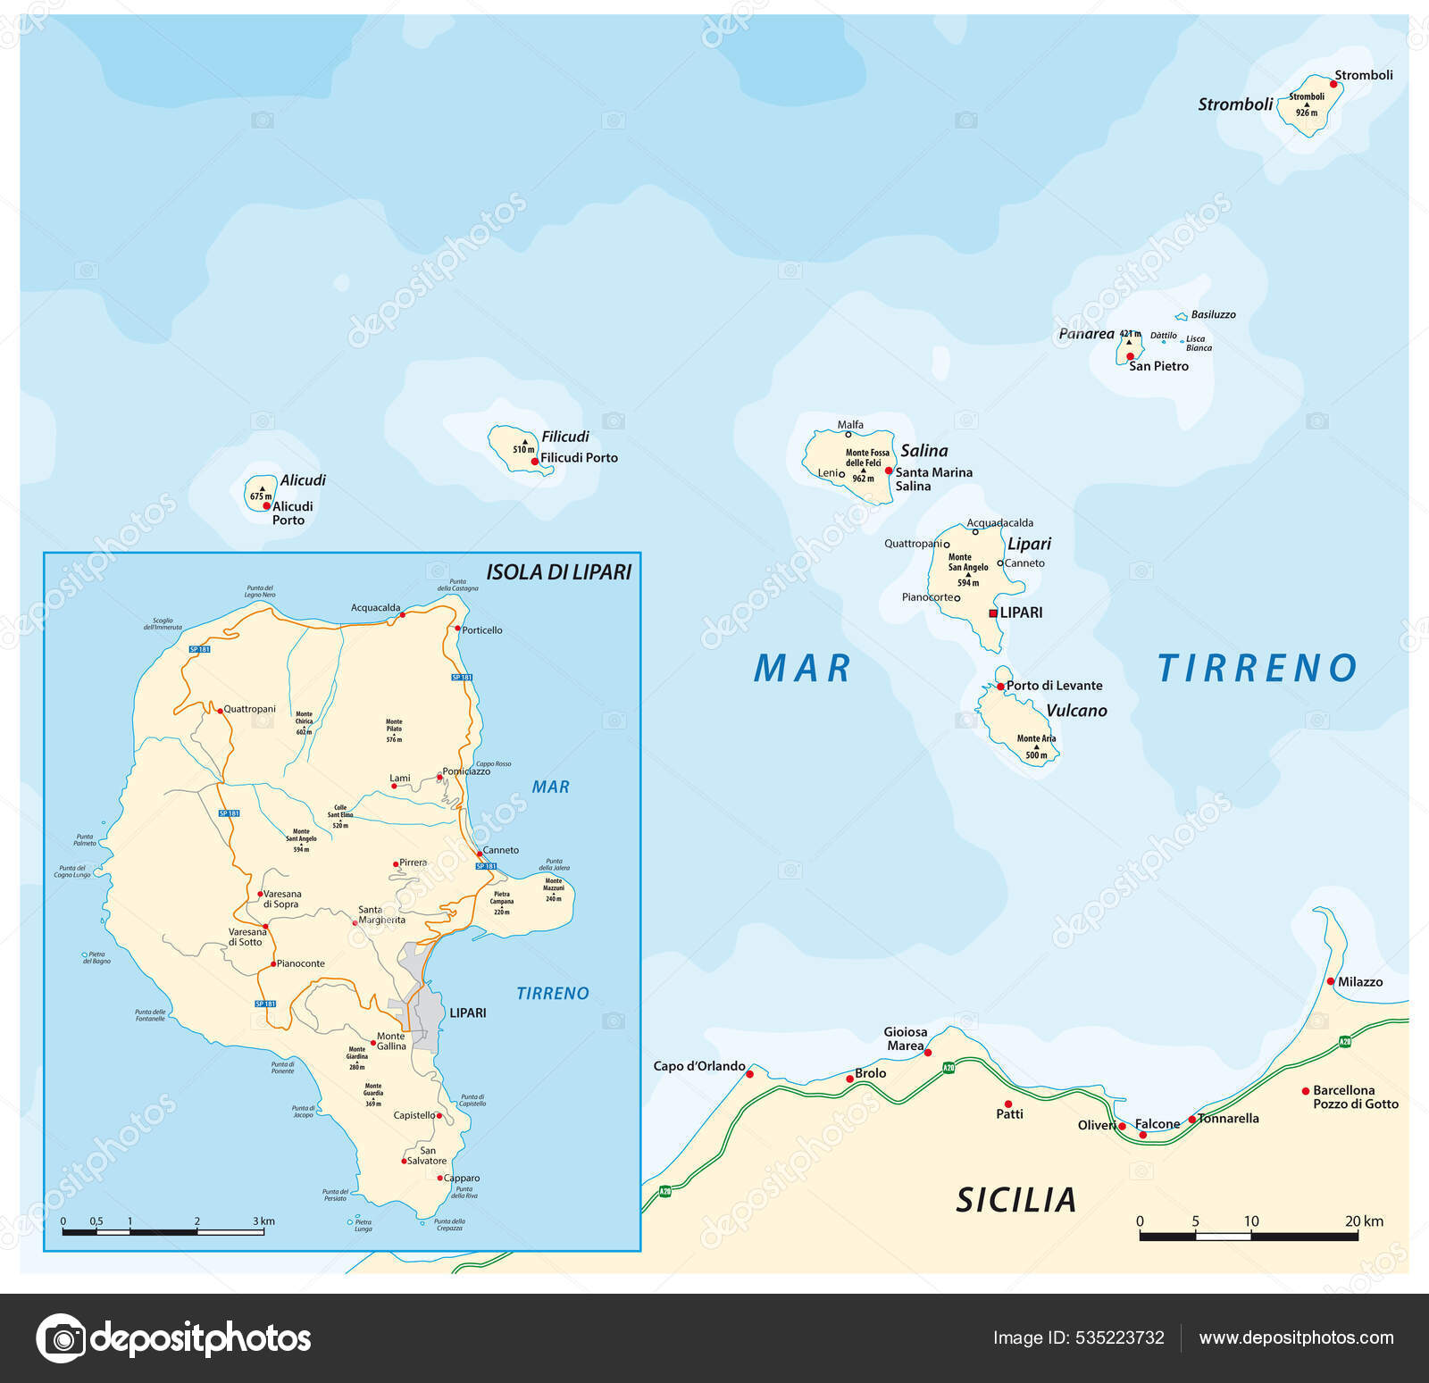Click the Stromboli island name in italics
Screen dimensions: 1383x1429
[x=1234, y=104]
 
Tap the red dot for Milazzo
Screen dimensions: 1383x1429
[x=1331, y=981]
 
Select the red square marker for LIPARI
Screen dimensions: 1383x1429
[x=993, y=613]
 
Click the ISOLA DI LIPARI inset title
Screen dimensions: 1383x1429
[x=558, y=572]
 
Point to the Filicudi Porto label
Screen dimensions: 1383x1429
[x=579, y=458]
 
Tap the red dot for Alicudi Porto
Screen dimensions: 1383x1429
[x=266, y=505]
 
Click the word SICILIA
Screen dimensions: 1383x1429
[x=1016, y=1200]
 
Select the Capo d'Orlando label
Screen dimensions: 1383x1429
[x=698, y=1066]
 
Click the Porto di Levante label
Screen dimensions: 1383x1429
[x=1054, y=686]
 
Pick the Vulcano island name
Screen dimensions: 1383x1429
[x=1076, y=711]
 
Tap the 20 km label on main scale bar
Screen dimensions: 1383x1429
[x=1364, y=1221]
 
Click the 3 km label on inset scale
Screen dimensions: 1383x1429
[x=263, y=1221]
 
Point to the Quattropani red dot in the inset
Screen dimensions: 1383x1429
[x=220, y=711]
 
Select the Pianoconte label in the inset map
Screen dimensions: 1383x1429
[x=301, y=964]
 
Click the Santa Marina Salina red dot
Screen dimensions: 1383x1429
[x=889, y=471]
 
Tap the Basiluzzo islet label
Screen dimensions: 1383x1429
[x=1213, y=315]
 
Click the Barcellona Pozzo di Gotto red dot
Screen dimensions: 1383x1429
[x=1306, y=1091]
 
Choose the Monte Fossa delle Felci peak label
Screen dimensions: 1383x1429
[x=867, y=458]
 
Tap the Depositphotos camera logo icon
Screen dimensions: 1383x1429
[x=62, y=1338]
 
